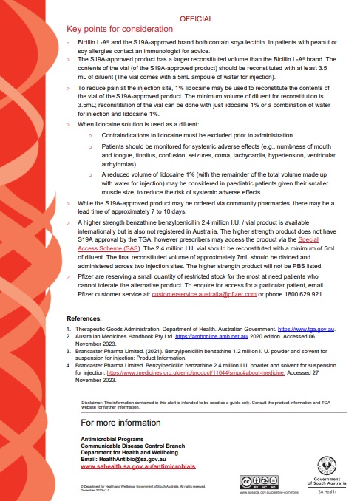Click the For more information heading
pyautogui.click(x=120, y=423)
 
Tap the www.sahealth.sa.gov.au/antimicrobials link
pyautogui.click(x=138, y=467)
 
